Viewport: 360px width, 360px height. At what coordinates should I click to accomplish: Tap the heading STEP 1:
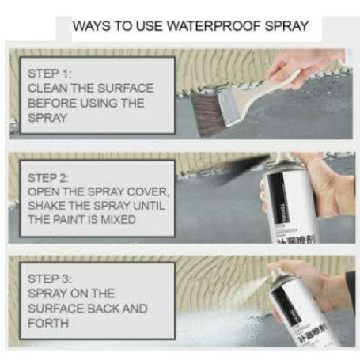point(49,74)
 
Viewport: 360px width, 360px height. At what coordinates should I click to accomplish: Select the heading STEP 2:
point(49,177)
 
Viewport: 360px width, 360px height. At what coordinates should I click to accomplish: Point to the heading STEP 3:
point(49,279)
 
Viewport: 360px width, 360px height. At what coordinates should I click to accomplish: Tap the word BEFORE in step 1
point(51,102)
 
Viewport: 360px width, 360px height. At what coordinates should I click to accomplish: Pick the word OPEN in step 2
point(44,191)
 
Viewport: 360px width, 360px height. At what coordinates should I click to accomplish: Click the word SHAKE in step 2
point(47,206)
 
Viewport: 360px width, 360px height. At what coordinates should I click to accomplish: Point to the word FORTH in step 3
point(47,322)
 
